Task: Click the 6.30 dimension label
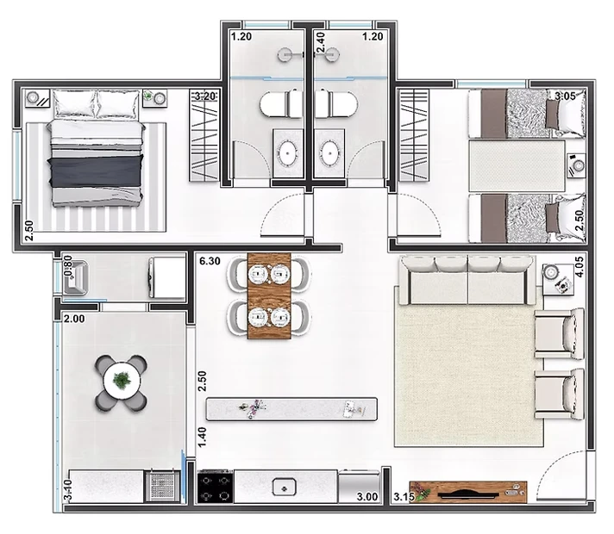point(210,261)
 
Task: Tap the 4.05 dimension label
point(580,267)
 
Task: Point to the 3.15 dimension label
point(404,497)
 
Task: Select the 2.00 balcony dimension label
point(74,319)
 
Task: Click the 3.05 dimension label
point(565,96)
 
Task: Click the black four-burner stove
point(215,487)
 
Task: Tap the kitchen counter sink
point(285,487)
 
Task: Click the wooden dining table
point(269,295)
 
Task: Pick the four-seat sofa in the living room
point(467,280)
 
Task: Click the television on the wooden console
point(468,494)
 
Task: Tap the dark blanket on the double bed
point(96,171)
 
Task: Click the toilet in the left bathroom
point(280,104)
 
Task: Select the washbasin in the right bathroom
point(329,152)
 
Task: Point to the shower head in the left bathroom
point(285,55)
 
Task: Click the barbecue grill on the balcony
point(163,487)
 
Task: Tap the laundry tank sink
point(76,277)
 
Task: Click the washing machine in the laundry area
point(166,277)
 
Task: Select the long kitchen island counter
point(291,409)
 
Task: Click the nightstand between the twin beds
point(576,165)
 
